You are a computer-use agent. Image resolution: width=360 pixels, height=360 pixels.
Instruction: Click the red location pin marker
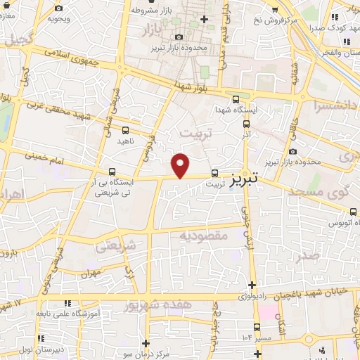click(x=181, y=165)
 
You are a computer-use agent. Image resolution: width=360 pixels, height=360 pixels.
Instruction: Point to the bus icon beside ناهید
click(x=125, y=131)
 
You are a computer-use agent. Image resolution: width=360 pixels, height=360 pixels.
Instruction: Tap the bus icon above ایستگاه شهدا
click(x=236, y=100)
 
